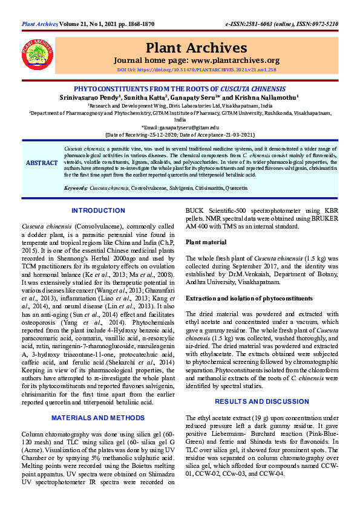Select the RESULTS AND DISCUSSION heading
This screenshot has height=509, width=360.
(261, 401)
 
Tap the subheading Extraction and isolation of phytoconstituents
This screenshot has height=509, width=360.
(249, 299)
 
